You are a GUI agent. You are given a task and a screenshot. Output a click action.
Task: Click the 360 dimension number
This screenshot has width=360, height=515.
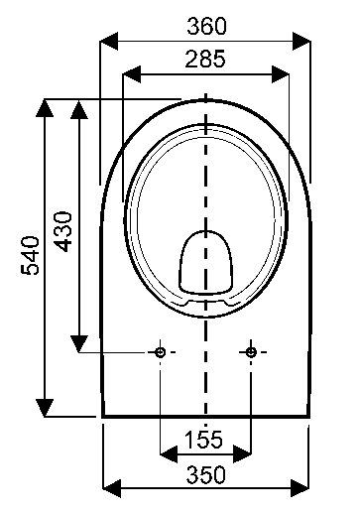(x=207, y=26)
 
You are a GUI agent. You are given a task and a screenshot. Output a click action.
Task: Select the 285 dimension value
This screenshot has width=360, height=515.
(x=205, y=59)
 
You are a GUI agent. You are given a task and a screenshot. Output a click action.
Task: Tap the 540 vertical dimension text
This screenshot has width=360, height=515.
(x=30, y=255)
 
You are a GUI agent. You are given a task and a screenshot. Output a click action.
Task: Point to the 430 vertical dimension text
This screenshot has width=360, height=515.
(x=62, y=231)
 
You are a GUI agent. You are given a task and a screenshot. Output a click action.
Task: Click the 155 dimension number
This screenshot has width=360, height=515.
(x=203, y=440)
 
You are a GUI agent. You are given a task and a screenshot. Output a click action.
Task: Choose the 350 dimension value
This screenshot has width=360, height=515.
(x=206, y=474)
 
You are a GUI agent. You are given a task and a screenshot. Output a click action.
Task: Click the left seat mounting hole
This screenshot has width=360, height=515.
(x=161, y=352)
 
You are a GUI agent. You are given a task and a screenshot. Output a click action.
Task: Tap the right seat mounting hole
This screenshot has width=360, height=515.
(x=251, y=352)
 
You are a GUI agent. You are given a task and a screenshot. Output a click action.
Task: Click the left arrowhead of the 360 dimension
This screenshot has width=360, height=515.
(x=109, y=42)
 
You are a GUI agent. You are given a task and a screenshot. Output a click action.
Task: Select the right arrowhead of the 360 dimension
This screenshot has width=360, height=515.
(x=301, y=42)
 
